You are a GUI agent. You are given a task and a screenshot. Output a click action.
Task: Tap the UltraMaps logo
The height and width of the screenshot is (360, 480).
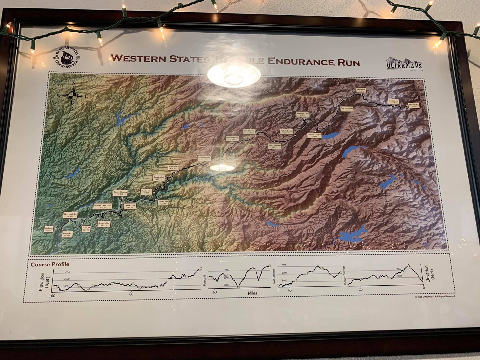(x=404, y=64)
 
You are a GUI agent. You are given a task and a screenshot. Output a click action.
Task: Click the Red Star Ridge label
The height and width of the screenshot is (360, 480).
(x=347, y=109)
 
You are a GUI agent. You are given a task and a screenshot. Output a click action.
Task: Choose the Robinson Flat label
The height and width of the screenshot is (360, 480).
(x=302, y=114)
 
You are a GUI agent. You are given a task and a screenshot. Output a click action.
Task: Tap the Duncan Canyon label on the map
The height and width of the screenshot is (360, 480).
(x=314, y=135)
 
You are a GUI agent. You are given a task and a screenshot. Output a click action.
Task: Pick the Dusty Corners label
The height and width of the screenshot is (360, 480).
(x=274, y=146)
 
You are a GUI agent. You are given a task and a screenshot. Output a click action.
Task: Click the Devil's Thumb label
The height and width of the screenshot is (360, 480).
(x=232, y=138)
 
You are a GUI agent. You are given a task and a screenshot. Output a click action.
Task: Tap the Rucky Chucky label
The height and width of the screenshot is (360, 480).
(x=120, y=193)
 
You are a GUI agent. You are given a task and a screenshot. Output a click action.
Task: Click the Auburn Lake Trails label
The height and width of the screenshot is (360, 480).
(x=103, y=206)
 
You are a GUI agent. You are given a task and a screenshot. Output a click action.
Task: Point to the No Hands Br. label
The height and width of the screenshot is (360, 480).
(x=70, y=215)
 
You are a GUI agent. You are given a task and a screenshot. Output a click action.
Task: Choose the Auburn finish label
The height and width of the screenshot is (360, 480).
(x=49, y=229)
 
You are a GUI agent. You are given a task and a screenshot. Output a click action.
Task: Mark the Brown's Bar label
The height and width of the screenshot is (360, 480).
(x=104, y=224)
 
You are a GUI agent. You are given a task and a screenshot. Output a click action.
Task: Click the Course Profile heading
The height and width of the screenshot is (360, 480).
(x=50, y=264)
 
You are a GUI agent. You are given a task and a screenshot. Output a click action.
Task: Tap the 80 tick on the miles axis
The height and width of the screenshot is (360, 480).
(x=131, y=294)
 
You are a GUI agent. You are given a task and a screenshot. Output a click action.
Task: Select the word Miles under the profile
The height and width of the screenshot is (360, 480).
(x=252, y=293)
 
